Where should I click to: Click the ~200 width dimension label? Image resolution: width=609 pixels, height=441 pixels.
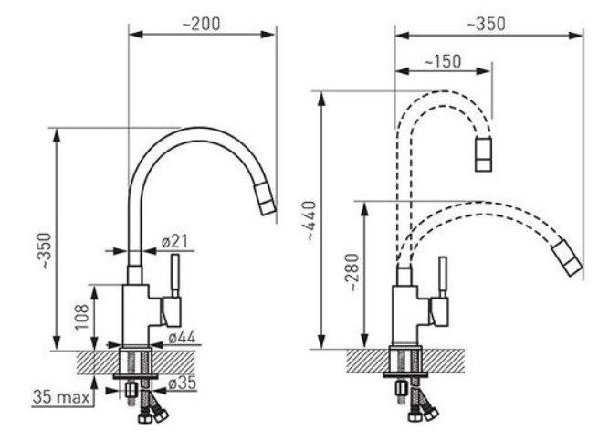201,24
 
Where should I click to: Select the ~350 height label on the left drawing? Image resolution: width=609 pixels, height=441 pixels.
46,251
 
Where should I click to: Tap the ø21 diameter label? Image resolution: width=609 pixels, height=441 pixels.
174,242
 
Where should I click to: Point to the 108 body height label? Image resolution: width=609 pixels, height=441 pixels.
82,317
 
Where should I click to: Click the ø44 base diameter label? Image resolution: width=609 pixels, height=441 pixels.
183,337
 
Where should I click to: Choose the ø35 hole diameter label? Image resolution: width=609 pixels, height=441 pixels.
183,383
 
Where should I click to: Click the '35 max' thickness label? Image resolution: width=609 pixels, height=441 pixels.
61,397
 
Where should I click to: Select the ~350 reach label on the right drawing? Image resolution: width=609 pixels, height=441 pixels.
486,24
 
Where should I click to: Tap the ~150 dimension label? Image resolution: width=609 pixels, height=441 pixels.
443,61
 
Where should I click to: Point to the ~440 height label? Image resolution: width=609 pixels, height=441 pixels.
311,220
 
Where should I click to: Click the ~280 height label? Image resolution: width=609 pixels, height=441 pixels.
354,272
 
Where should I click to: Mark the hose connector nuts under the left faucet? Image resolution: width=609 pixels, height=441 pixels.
153,415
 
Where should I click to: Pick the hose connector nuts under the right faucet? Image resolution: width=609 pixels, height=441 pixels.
424,415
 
